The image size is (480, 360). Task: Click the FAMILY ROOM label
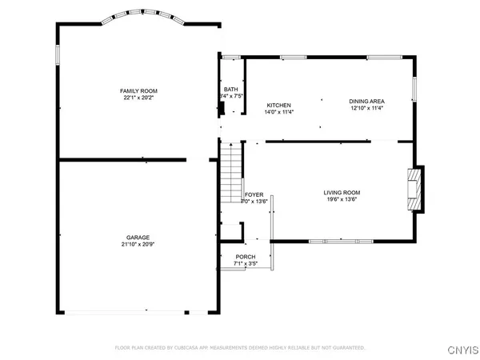tap(138, 91)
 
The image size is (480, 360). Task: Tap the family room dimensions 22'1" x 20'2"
tap(138, 98)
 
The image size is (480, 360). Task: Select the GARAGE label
tap(138, 238)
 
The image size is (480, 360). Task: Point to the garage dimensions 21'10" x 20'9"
tap(138, 245)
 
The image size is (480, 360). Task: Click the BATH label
tap(230, 90)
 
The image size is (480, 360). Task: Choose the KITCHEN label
tap(278, 106)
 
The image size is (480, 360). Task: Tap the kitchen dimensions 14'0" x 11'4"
tap(278, 113)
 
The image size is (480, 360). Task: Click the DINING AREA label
tap(366, 101)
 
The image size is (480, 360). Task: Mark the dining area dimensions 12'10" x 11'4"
tap(366, 108)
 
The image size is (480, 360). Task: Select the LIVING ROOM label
tap(342, 192)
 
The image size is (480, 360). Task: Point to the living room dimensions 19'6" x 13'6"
tap(342, 199)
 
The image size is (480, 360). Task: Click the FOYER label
tap(254, 194)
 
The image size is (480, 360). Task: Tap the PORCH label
tap(245, 256)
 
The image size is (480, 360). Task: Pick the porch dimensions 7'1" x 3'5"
tap(245, 263)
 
